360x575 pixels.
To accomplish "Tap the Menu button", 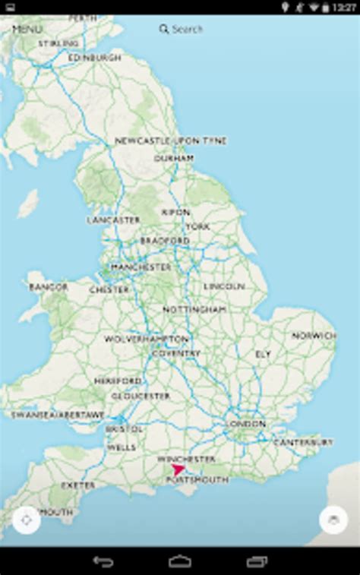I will (27, 29).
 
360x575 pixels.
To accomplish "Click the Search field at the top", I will (182, 29).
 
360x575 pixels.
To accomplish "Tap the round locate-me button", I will (27, 520).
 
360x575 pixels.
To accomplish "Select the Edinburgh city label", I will (94, 58).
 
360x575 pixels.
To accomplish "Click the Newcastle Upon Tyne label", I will (171, 141).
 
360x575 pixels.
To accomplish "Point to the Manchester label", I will (141, 267).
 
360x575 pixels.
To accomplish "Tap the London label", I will (246, 423).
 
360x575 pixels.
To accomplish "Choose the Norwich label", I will (314, 335).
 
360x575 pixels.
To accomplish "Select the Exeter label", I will (78, 485).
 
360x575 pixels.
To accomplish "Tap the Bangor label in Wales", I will (49, 287).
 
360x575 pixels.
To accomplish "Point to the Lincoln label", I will (224, 286).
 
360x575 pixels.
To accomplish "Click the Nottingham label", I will (194, 310).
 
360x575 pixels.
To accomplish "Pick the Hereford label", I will (118, 381).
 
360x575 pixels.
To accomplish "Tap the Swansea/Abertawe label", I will (58, 415).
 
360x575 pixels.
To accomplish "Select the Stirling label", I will (58, 44).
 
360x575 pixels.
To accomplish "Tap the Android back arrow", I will (103, 562).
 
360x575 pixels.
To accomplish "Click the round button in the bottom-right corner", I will (333, 520).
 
